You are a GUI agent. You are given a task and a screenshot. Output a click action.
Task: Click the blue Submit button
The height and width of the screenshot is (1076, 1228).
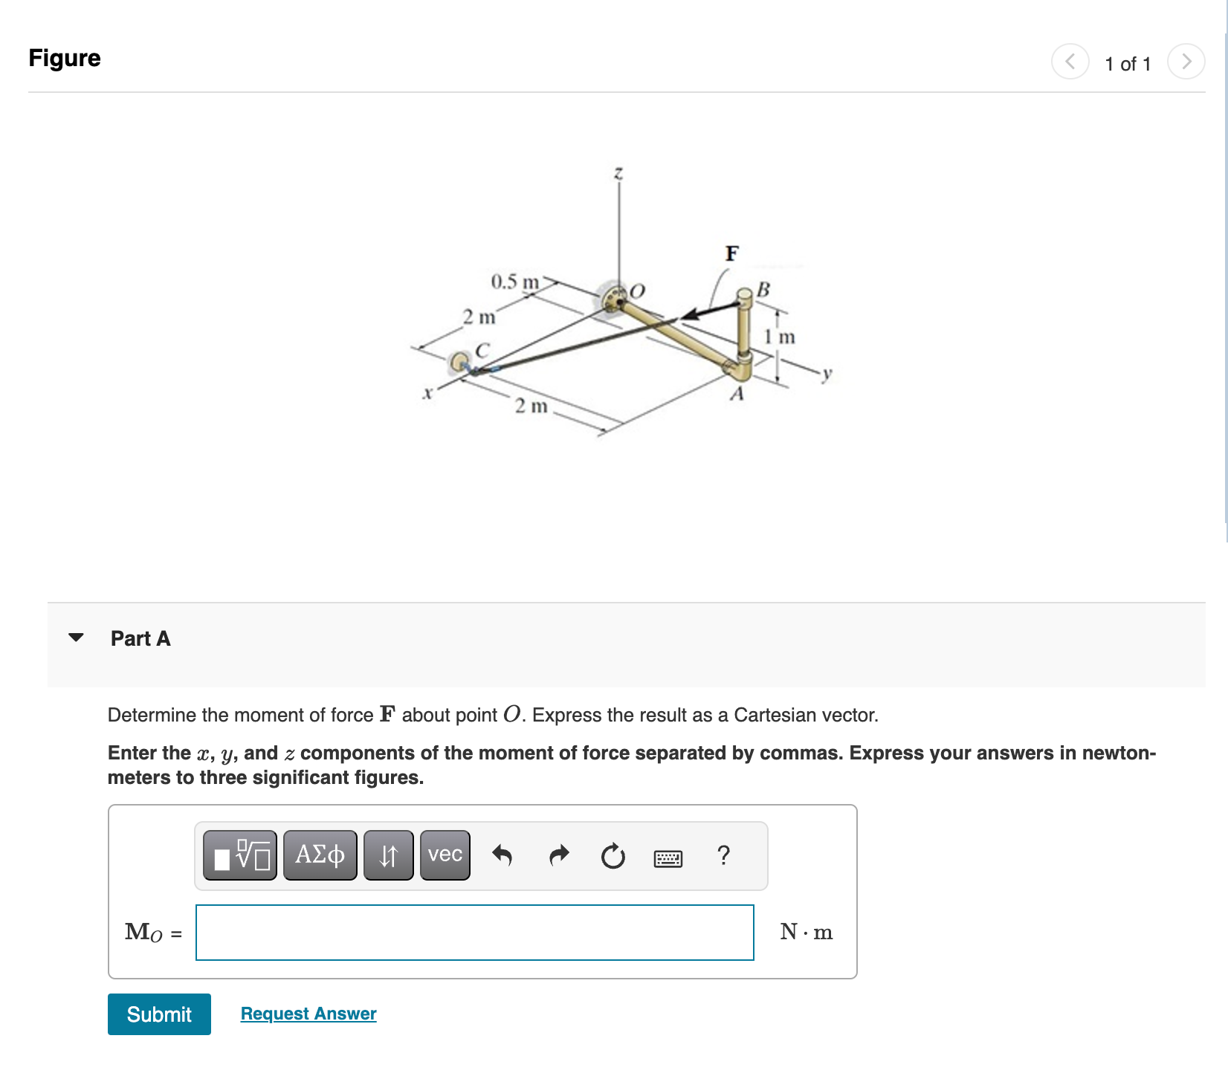click(x=159, y=1014)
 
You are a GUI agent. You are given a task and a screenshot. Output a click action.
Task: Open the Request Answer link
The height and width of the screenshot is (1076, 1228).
click(x=308, y=1014)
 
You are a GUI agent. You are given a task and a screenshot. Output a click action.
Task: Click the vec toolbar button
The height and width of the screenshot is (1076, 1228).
click(x=445, y=855)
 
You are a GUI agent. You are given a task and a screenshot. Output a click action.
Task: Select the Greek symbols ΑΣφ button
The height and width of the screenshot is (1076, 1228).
click(x=320, y=855)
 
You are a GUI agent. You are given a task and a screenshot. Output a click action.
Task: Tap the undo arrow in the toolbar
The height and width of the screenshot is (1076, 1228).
click(x=502, y=855)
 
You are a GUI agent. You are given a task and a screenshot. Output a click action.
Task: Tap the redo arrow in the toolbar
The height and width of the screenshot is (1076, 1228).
click(x=558, y=855)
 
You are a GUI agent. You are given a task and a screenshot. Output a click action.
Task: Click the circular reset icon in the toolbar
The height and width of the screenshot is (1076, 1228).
click(x=613, y=856)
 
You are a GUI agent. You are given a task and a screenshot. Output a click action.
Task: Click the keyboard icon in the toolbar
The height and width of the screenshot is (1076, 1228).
click(x=668, y=859)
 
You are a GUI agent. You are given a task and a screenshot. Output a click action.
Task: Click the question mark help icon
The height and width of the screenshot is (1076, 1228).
click(x=723, y=855)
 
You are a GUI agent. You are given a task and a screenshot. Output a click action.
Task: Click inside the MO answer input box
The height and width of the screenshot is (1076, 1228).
click(x=474, y=932)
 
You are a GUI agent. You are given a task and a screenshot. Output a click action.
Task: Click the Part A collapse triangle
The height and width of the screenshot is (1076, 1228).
click(x=76, y=638)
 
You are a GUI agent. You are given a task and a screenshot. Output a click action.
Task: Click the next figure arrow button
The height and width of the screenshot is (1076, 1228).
click(x=1186, y=61)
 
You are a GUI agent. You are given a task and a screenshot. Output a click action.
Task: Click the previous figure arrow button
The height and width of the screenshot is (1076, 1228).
click(x=1070, y=61)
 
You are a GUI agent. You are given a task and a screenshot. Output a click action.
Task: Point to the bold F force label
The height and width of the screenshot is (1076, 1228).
click(x=731, y=254)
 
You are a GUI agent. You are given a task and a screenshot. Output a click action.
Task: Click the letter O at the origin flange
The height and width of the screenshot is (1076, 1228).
click(x=637, y=291)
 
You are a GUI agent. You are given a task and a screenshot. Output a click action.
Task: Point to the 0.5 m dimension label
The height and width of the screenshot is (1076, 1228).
click(x=514, y=282)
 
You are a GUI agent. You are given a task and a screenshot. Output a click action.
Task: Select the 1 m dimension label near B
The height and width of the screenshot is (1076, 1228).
click(x=780, y=337)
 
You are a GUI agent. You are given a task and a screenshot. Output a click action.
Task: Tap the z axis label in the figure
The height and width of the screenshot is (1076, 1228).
click(x=618, y=173)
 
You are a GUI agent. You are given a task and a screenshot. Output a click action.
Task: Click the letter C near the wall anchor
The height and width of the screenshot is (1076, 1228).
click(x=482, y=349)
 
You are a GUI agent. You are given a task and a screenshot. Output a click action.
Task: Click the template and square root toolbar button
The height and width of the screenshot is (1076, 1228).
click(x=240, y=855)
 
